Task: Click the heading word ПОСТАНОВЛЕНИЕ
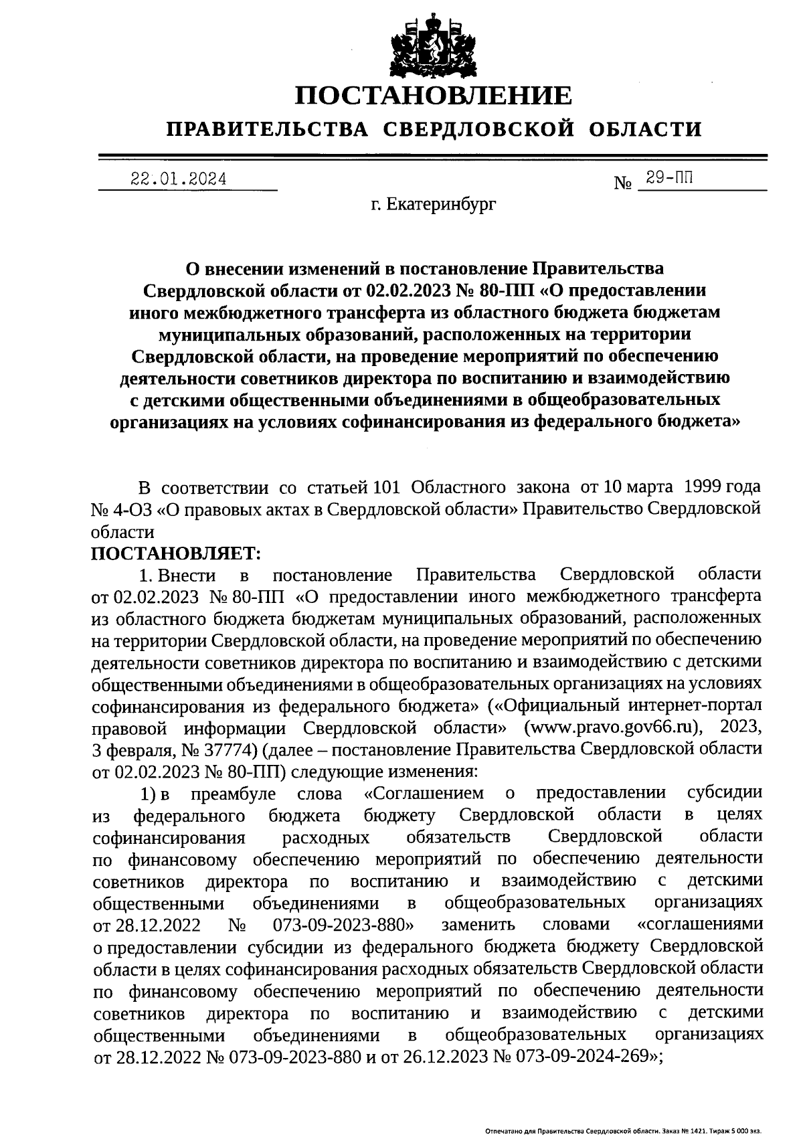(434, 96)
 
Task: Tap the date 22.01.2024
(178, 179)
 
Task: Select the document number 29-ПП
(668, 178)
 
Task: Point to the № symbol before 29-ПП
(622, 182)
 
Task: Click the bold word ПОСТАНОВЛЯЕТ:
(175, 553)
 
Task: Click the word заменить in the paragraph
(478, 925)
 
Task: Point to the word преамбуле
(234, 794)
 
